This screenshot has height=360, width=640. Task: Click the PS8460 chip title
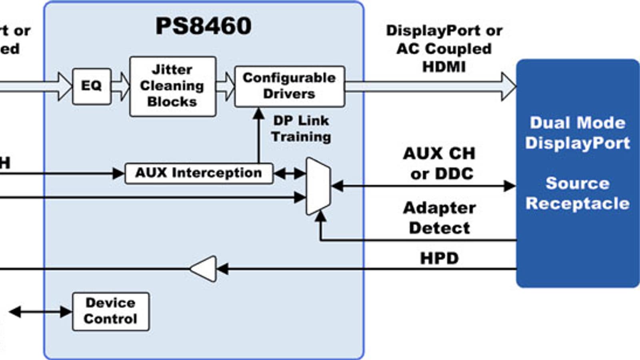click(203, 26)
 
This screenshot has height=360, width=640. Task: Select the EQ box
click(92, 86)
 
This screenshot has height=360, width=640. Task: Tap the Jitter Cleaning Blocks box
click(172, 86)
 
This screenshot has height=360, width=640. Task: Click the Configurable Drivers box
click(289, 86)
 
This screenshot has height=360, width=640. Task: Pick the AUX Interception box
click(199, 173)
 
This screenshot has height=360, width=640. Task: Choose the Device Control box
click(111, 311)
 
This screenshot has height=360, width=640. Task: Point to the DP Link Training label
click(301, 128)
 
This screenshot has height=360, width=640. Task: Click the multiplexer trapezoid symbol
click(318, 186)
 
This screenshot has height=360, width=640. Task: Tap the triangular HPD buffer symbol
click(204, 269)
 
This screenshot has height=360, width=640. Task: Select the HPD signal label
click(439, 258)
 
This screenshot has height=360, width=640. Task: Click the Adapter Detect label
click(439, 218)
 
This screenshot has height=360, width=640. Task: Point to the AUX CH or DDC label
click(439, 164)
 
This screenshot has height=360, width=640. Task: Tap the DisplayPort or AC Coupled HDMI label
click(444, 48)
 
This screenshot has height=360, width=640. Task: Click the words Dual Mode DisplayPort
click(577, 133)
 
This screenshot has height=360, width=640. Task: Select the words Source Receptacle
click(577, 193)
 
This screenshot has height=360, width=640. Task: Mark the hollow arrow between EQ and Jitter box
click(120, 86)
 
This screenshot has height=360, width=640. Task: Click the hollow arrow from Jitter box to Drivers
click(226, 86)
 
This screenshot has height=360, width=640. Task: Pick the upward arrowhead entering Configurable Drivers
click(259, 113)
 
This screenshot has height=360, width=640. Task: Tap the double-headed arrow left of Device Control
click(40, 312)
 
